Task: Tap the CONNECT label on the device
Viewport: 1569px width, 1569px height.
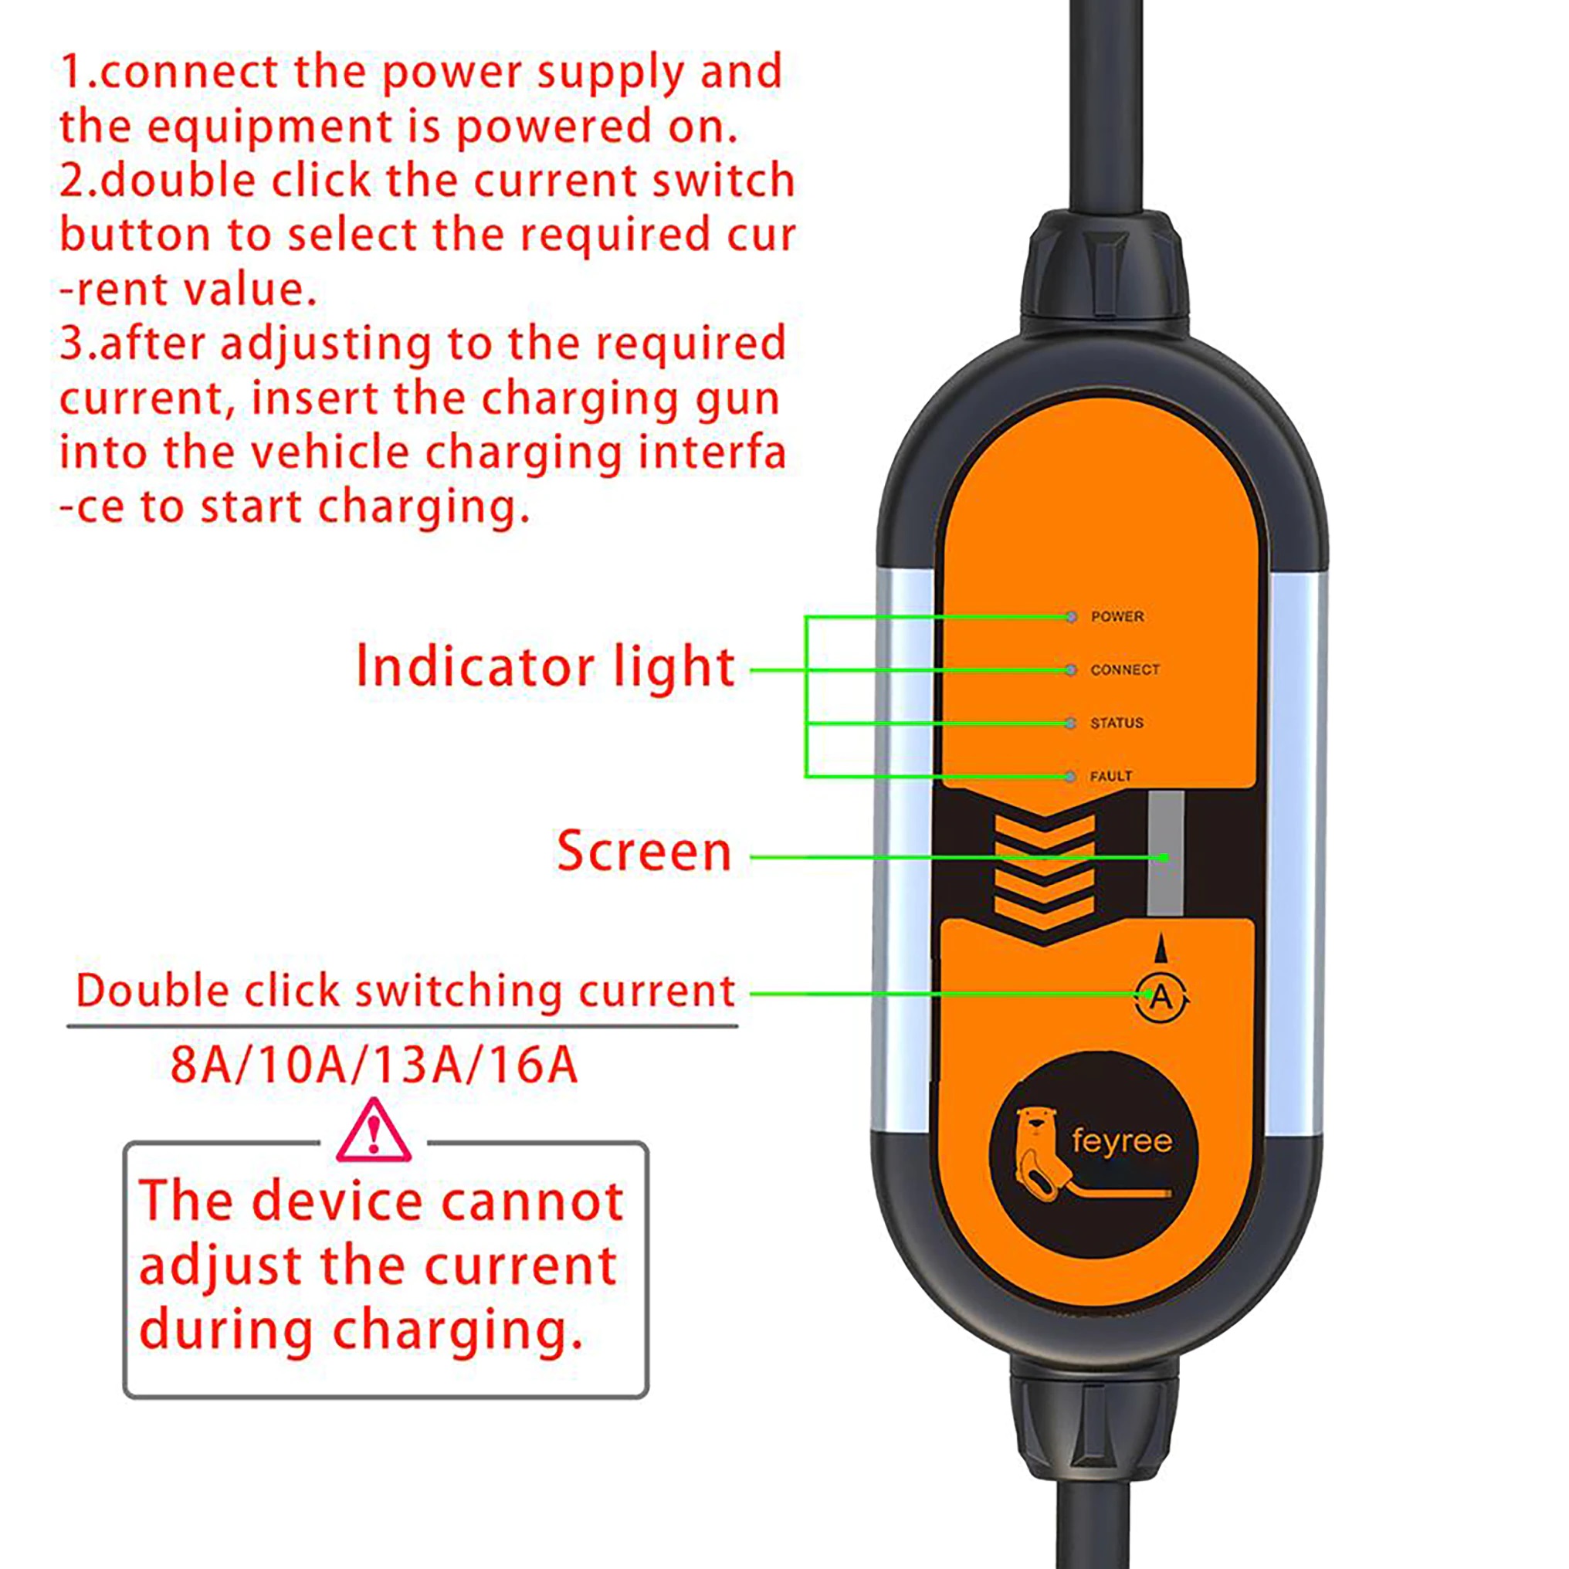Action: pos(1124,670)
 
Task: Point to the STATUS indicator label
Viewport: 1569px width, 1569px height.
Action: pos(1116,723)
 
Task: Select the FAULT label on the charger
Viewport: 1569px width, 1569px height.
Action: pos(1110,776)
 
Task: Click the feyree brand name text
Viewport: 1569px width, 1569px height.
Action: pos(1121,1141)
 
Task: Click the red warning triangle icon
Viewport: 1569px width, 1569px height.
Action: pos(373,1130)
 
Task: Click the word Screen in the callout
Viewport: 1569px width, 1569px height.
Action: pos(644,851)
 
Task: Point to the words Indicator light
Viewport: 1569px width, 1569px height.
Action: pos(546,666)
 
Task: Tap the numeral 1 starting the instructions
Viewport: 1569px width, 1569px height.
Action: pos(72,72)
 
